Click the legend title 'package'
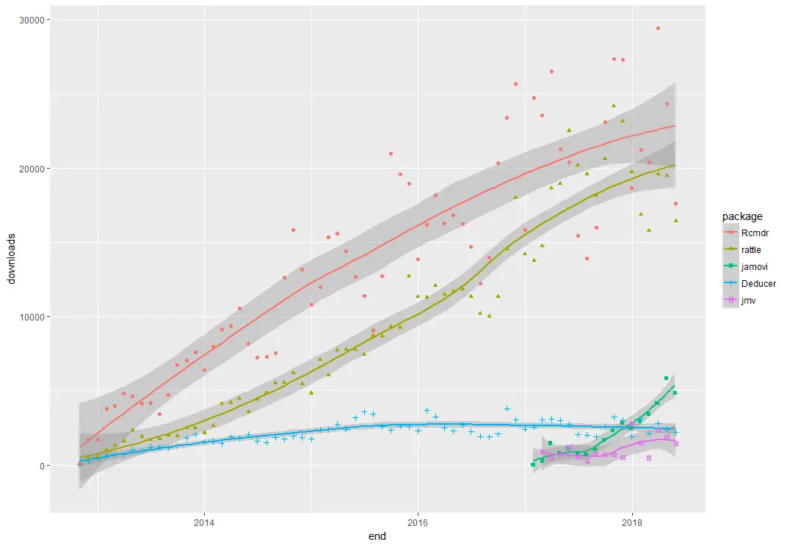[x=742, y=216]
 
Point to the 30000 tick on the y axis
[x=28, y=20]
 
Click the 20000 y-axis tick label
[x=28, y=169]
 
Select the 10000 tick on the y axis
[x=28, y=317]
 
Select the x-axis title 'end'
[x=377, y=537]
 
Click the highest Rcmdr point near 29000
[x=658, y=29]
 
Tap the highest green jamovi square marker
[x=666, y=378]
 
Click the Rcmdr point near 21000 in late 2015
[x=391, y=153]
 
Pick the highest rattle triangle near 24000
[x=614, y=106]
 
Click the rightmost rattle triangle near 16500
[x=676, y=221]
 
